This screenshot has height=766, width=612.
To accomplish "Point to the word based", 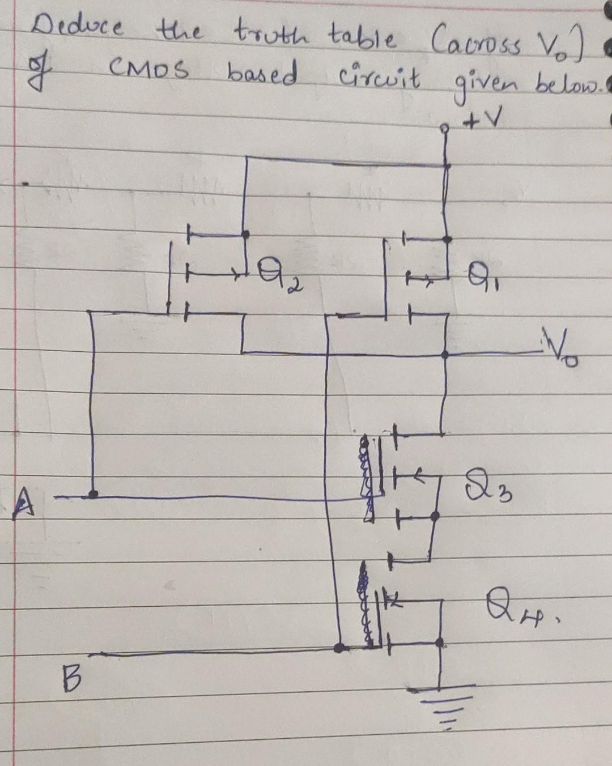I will [262, 74].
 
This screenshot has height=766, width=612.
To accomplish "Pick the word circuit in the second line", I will [379, 78].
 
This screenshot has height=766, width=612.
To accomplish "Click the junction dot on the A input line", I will [93, 495].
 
